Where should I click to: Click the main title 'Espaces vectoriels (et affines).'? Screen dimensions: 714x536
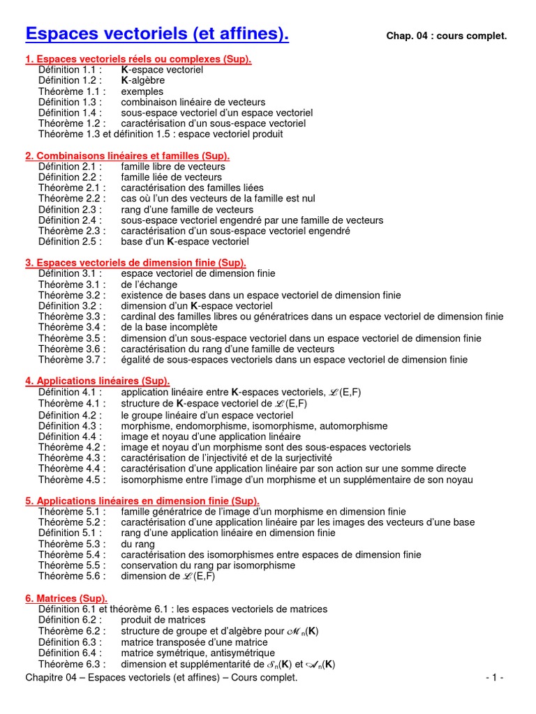pos(156,33)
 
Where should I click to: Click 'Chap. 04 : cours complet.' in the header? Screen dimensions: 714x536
pos(446,36)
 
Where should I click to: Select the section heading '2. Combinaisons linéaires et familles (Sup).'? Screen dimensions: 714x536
pos(128,155)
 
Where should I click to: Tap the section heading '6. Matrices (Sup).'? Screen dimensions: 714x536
pos(66,598)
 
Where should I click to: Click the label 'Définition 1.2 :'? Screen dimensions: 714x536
pos(70,81)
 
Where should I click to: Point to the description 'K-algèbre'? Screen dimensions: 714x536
pos(143,81)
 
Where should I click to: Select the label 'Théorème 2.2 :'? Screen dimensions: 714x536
pos(72,199)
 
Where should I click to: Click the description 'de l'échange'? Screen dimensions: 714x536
pos(149,284)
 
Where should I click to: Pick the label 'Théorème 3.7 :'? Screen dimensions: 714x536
pos(72,360)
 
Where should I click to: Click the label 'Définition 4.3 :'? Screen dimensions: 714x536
pos(70,426)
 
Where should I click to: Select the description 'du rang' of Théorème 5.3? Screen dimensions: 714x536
pos(138,544)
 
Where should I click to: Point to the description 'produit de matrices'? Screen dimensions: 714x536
pos(163,620)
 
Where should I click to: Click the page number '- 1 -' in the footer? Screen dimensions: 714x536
pos(495,678)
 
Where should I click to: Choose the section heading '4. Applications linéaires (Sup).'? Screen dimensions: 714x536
pos(98,381)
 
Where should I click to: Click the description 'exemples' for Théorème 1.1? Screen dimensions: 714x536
pos(142,91)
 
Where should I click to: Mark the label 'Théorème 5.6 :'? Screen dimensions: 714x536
pos(72,576)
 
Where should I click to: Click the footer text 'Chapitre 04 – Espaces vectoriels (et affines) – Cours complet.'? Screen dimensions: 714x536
pos(161,678)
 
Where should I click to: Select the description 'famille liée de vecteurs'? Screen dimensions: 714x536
pos(171,177)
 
